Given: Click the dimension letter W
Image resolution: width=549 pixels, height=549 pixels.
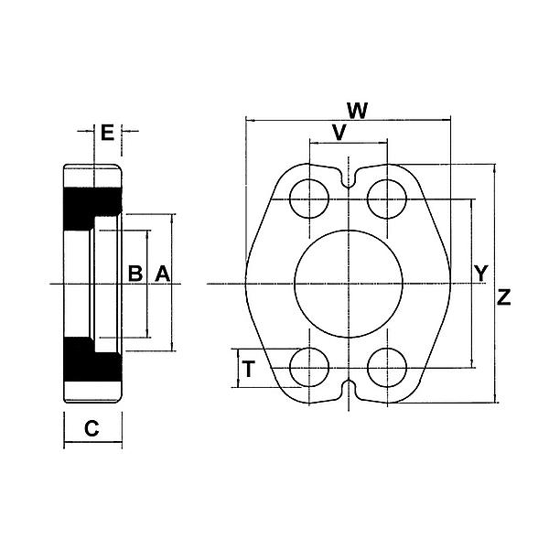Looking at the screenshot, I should coord(358,111).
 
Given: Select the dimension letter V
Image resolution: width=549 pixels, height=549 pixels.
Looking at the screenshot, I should coord(339,134).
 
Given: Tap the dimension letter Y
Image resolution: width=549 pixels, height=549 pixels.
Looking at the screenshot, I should coord(481,273).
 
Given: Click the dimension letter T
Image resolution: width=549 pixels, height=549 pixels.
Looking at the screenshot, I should coord(247,370).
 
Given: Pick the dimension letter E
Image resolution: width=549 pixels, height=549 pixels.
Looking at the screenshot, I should coord(107,134).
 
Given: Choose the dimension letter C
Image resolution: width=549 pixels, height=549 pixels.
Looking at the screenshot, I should coord(91,427).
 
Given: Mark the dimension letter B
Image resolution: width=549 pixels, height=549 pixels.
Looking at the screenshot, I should coord(135,273).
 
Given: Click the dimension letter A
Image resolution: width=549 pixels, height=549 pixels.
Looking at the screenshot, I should coord(161,273).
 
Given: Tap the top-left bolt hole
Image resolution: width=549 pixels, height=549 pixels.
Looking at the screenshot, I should coord(308,198).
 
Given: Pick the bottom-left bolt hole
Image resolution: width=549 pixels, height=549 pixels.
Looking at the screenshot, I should coord(308,369).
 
